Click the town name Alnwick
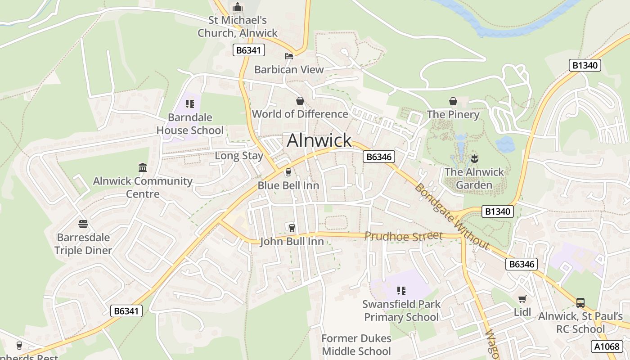click(319, 140)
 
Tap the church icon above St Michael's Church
click(237, 7)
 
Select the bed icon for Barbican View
click(289, 56)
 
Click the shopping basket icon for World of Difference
click(300, 101)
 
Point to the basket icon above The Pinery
click(453, 101)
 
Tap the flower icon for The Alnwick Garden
click(474, 158)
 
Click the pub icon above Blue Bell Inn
click(288, 172)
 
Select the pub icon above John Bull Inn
click(292, 228)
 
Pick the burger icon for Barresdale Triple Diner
click(83, 224)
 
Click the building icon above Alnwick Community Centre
click(143, 167)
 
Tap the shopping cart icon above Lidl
click(522, 299)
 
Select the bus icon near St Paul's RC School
click(580, 302)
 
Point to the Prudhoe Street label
click(404, 236)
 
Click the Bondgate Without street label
click(451, 216)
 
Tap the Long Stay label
click(239, 156)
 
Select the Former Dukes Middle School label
click(356, 345)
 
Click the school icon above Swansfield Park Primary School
click(401, 291)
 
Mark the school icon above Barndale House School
click(190, 104)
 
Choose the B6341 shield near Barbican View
click(248, 50)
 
